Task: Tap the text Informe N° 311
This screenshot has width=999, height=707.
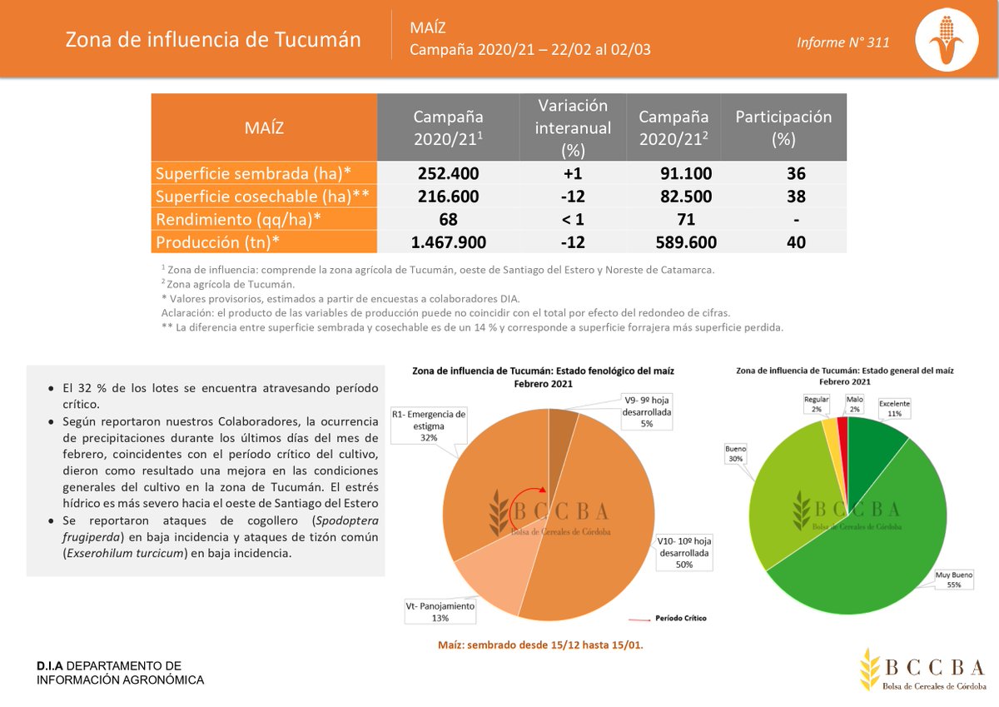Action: [x=842, y=42]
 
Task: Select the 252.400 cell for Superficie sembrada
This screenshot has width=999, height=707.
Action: [x=447, y=173]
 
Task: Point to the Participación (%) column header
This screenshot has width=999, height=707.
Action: [x=783, y=127]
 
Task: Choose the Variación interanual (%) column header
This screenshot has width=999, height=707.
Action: [x=572, y=127]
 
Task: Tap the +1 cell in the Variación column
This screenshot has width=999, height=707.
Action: [x=572, y=173]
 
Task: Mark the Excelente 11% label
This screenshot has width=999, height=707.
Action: [x=895, y=408]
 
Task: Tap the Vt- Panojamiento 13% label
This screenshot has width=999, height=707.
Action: [x=440, y=612]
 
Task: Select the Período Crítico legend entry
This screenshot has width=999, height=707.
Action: [x=665, y=619]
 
